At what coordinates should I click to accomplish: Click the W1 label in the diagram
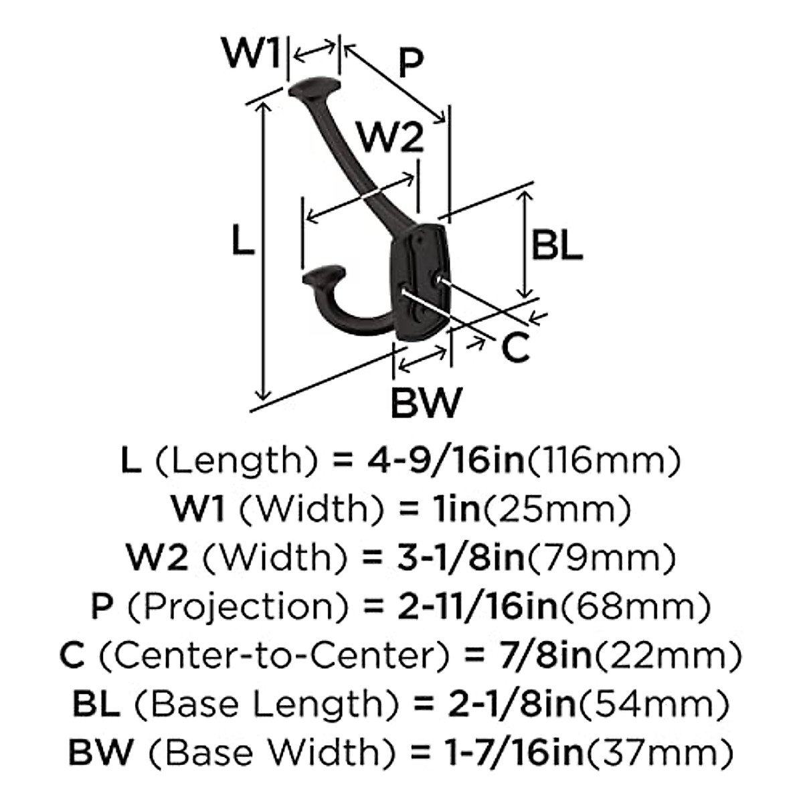coord(251,54)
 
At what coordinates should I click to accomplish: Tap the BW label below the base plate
coord(426,402)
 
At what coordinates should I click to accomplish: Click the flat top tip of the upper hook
coord(315,87)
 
